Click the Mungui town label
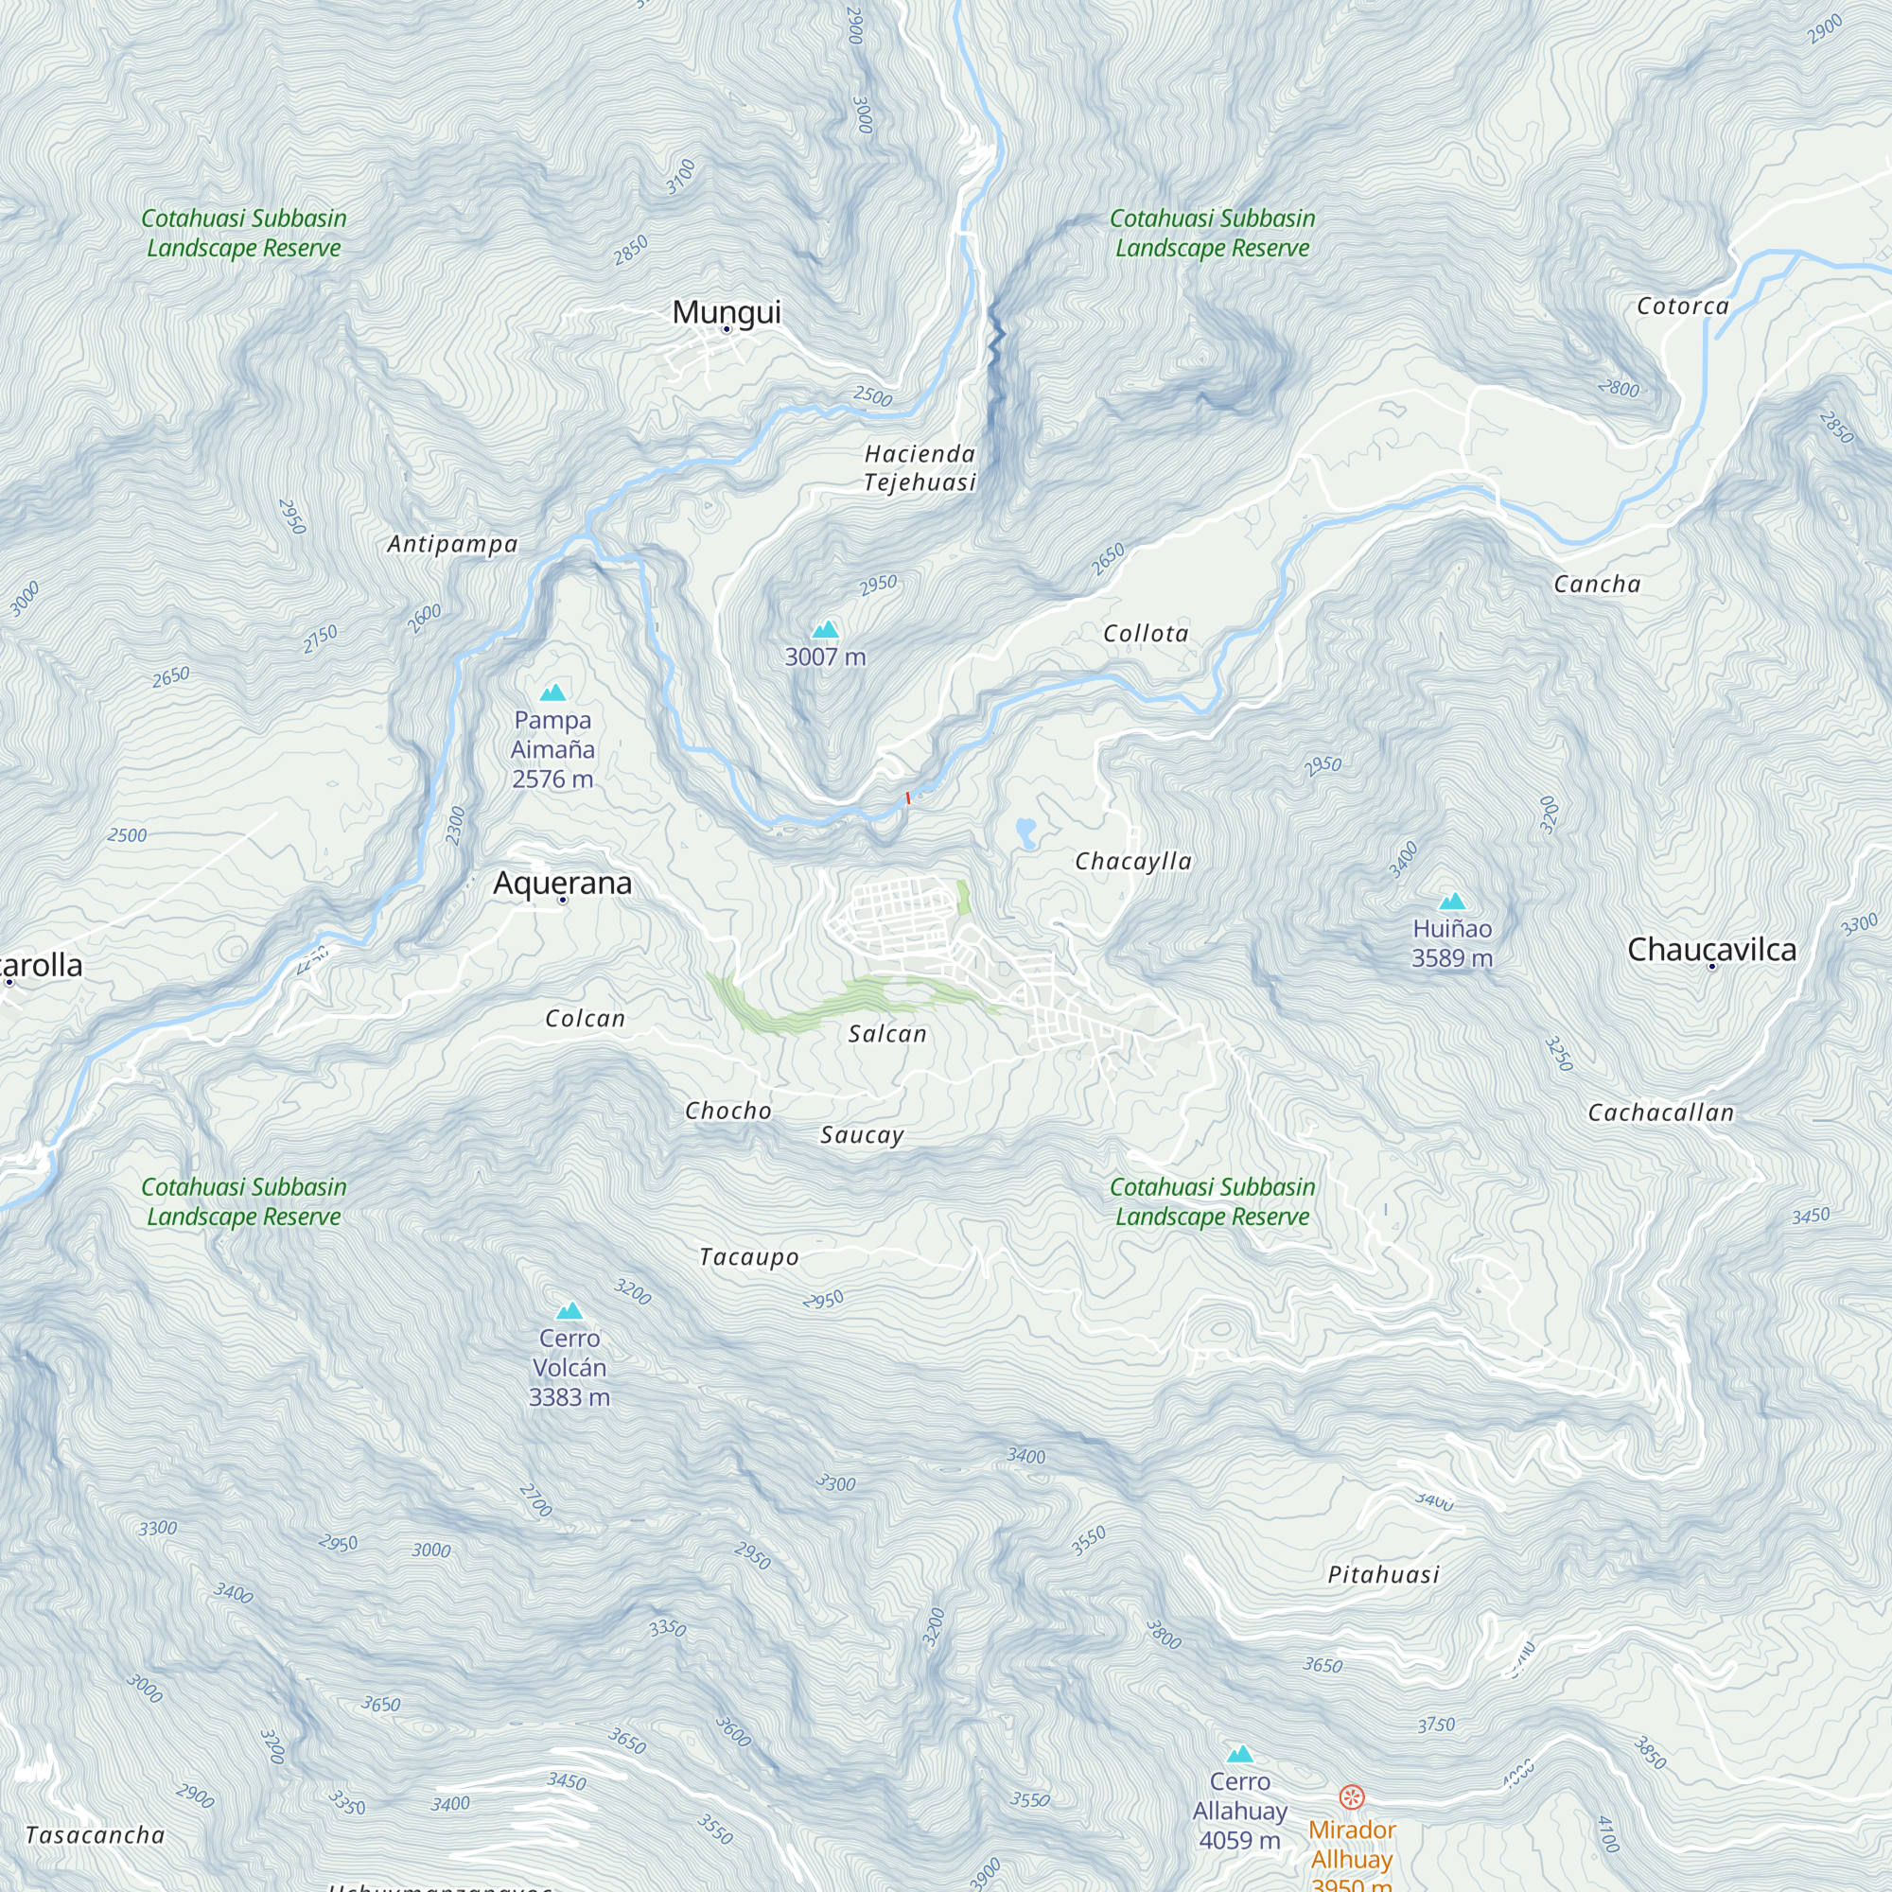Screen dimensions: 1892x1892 tap(726, 311)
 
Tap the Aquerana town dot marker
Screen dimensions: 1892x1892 tap(563, 900)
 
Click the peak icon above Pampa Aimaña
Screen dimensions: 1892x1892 tap(553, 693)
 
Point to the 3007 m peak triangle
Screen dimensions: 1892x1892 tap(826, 630)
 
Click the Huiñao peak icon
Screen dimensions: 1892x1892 tap(1452, 902)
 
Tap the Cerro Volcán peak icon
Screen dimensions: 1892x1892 tap(569, 1311)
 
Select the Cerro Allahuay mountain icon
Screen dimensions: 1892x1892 tap(1240, 1754)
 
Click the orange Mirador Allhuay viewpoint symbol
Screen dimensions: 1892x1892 tap(1352, 1797)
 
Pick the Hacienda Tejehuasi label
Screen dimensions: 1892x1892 tap(920, 468)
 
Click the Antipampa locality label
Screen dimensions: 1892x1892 tap(452, 545)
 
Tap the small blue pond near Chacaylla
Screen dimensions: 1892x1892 tap(1025, 832)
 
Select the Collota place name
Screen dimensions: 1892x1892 tap(1146, 634)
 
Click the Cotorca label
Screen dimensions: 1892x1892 tap(1682, 307)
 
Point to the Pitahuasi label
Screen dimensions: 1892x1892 tap(1384, 1575)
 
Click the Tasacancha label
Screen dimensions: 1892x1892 tap(95, 1835)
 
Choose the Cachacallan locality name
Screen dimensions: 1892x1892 tap(1661, 1112)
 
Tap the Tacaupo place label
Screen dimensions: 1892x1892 tap(749, 1257)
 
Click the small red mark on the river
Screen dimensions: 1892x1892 tap(908, 798)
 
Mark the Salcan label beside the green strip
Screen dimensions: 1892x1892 tap(887, 1034)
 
